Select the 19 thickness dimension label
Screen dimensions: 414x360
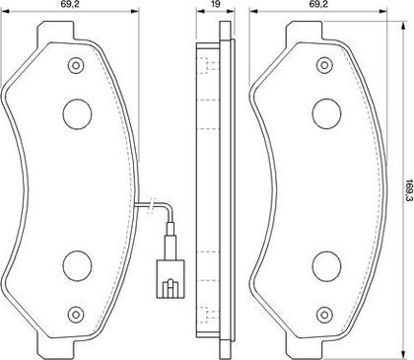216,4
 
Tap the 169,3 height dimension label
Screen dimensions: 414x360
409,190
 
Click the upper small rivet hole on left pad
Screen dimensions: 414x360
76,65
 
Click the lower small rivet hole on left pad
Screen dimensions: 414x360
76,315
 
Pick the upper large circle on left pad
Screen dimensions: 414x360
77,113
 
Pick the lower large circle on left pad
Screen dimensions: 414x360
77,266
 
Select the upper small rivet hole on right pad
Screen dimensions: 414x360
324,65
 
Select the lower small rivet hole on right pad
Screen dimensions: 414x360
324,314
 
